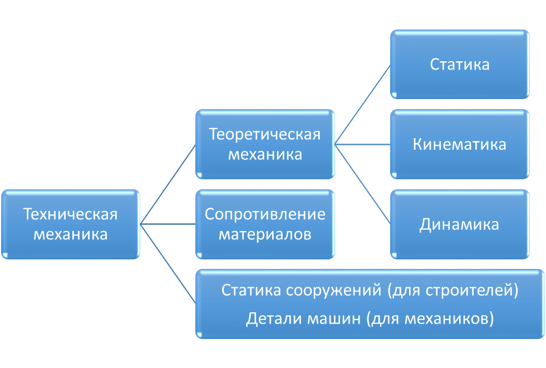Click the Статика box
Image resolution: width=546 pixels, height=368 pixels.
click(460, 65)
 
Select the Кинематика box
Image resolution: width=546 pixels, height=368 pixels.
click(460, 145)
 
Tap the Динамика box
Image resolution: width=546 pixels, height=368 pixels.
click(460, 225)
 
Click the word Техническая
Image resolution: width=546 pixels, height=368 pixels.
click(71, 214)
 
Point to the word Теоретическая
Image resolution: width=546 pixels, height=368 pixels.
click(265, 135)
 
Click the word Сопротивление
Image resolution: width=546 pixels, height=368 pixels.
click(265, 214)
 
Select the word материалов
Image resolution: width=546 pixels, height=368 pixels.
click(265, 234)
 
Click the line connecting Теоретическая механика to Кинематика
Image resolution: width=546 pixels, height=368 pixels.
click(362, 145)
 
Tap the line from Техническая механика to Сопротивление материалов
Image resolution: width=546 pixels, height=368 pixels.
click(168, 224)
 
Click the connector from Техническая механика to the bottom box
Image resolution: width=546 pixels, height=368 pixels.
click(168, 264)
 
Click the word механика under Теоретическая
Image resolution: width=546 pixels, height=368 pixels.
click(265, 154)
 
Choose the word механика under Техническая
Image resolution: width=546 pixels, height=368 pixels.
click(71, 234)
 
